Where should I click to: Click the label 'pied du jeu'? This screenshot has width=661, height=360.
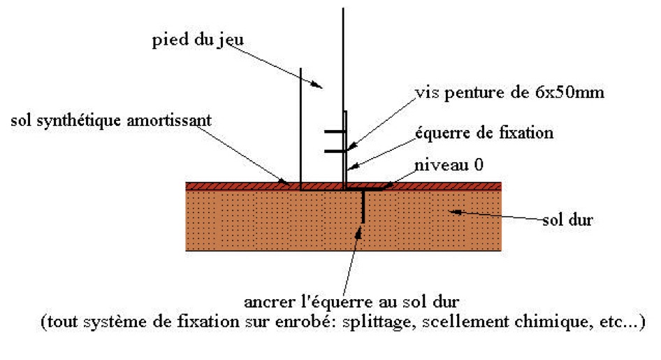198,39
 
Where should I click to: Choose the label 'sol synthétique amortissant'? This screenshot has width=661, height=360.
110,120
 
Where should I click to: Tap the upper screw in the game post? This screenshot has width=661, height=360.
334,132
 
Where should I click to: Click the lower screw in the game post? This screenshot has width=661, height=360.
334,149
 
